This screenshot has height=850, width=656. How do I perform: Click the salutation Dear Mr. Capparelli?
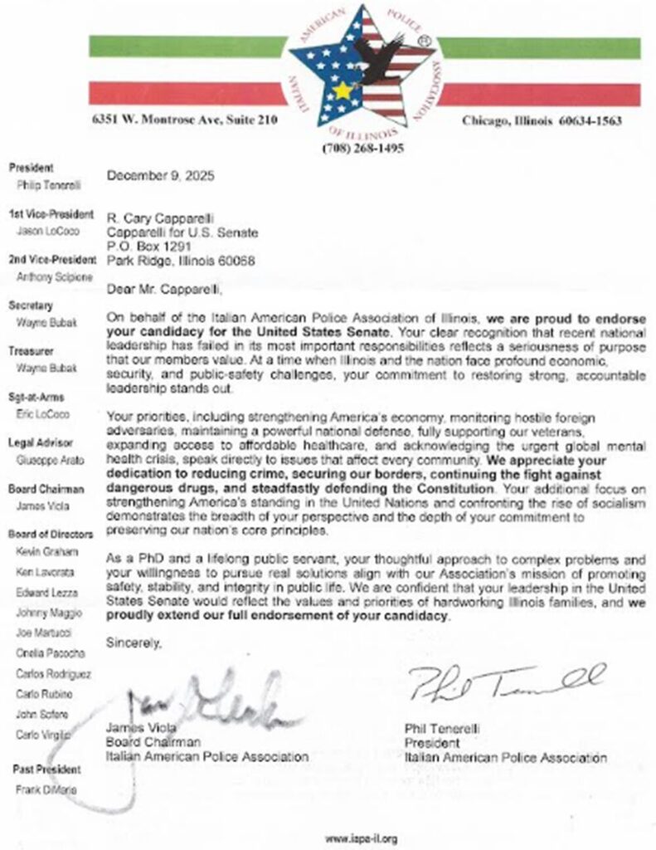163,290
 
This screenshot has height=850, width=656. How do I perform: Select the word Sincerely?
132,642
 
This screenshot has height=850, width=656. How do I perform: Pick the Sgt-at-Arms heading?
36,397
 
